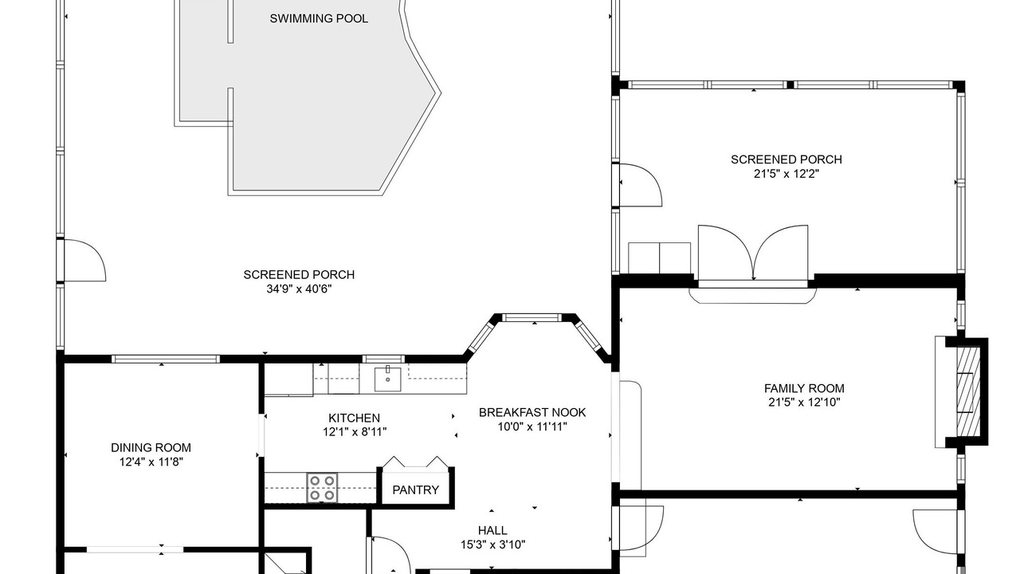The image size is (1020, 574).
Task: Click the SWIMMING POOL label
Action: pyautogui.click(x=319, y=18)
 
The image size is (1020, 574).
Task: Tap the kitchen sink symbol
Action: pyautogui.click(x=387, y=379)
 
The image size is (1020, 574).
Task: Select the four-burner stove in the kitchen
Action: pyautogui.click(x=322, y=488)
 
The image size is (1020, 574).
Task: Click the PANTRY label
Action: pyautogui.click(x=415, y=490)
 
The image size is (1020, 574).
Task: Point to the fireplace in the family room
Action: pyautogui.click(x=967, y=392)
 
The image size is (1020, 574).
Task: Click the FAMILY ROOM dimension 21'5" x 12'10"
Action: pyautogui.click(x=804, y=403)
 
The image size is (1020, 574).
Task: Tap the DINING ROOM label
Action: pyautogui.click(x=151, y=448)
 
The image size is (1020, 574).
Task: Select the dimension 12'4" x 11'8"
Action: pyautogui.click(x=151, y=462)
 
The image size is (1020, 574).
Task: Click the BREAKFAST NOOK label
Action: pyautogui.click(x=532, y=413)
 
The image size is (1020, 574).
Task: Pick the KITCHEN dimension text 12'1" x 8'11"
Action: pyautogui.click(x=355, y=432)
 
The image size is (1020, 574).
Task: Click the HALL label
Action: pyautogui.click(x=492, y=530)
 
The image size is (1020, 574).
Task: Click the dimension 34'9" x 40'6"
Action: pyautogui.click(x=299, y=289)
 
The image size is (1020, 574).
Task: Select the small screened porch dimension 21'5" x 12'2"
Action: pyautogui.click(x=787, y=174)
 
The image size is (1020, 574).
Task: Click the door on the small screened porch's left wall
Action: pyautogui.click(x=641, y=185)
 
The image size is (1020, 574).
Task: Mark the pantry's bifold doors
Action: pyautogui.click(x=415, y=462)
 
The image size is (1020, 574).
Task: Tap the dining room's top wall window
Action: pyautogui.click(x=166, y=359)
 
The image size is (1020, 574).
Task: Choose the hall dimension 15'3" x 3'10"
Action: pyautogui.click(x=492, y=545)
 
